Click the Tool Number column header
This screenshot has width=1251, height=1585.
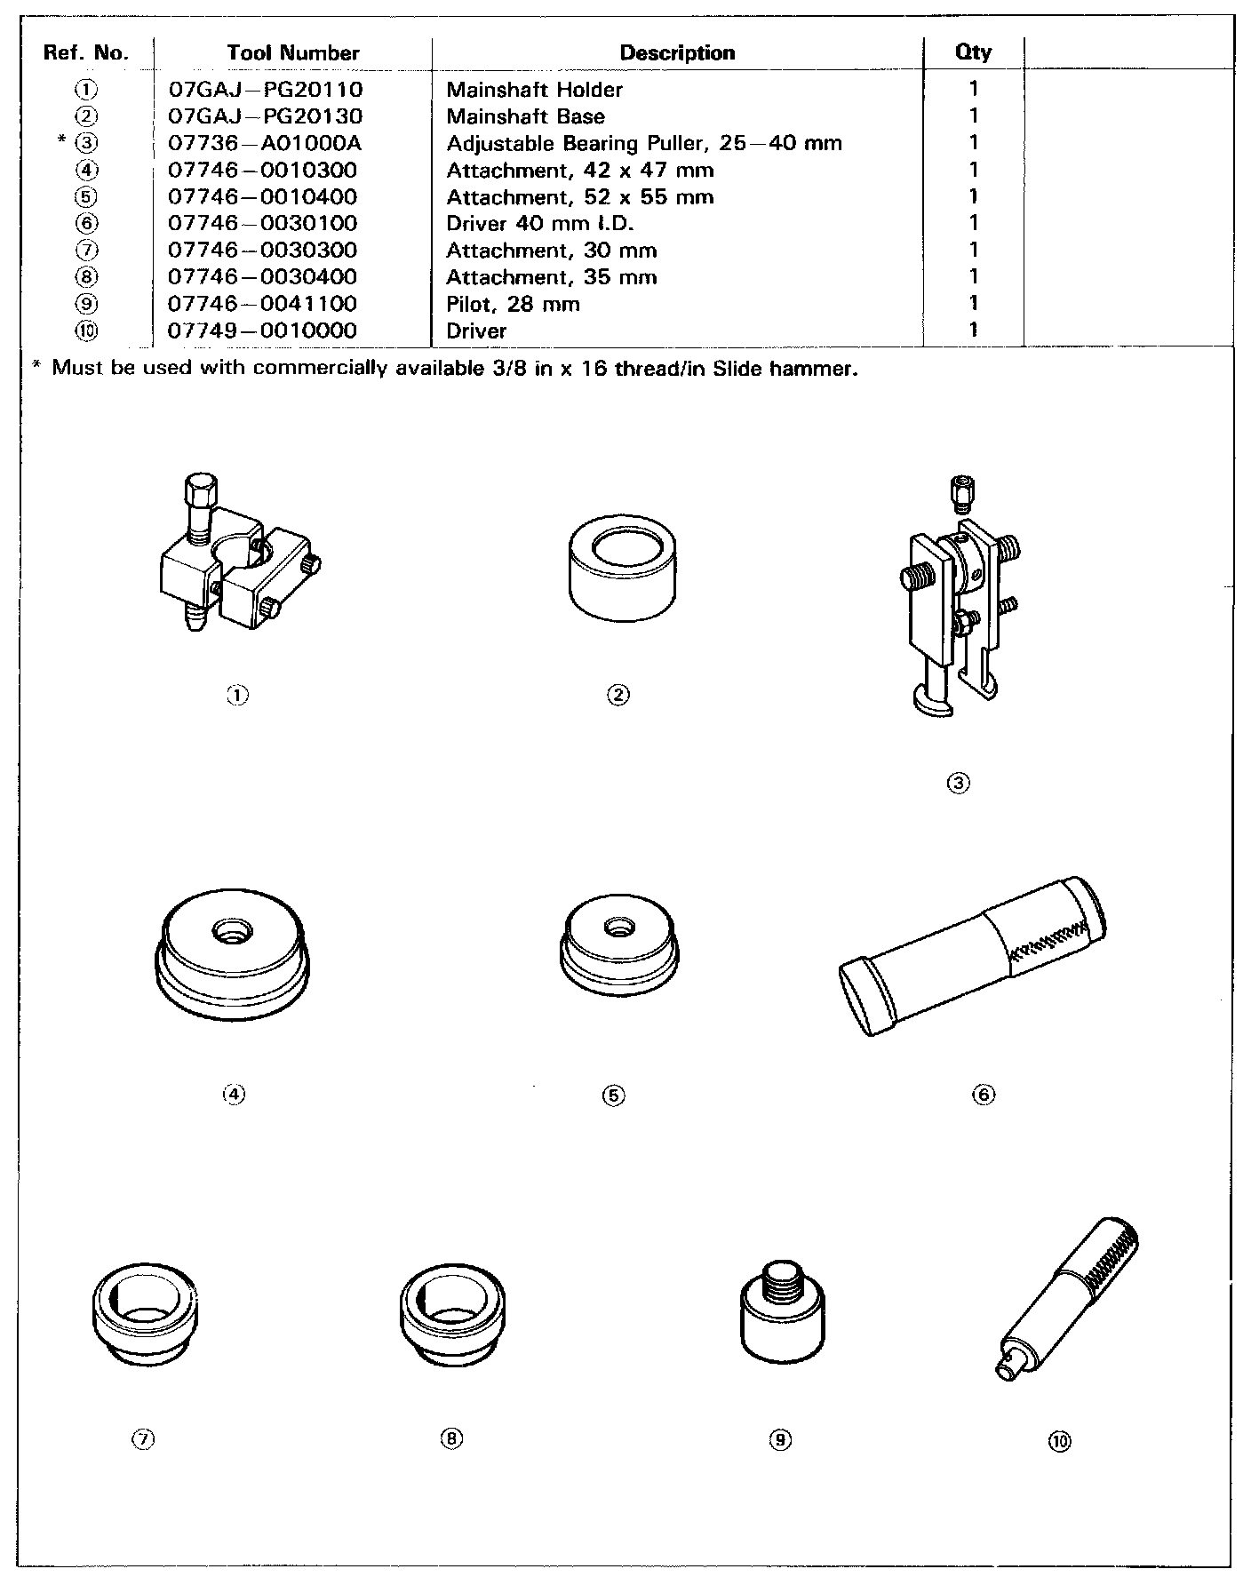tap(292, 52)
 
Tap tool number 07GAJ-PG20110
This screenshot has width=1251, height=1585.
tap(265, 90)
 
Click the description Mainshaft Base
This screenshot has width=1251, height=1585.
tap(525, 116)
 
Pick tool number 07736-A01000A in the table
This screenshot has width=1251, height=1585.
tap(265, 143)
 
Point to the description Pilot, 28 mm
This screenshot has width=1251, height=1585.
tap(513, 304)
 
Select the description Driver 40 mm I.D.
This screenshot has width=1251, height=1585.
tap(539, 223)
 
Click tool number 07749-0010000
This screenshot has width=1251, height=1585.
tap(262, 331)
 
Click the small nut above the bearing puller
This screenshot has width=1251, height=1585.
tap(958, 490)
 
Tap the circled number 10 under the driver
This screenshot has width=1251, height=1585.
tap(1060, 1440)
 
